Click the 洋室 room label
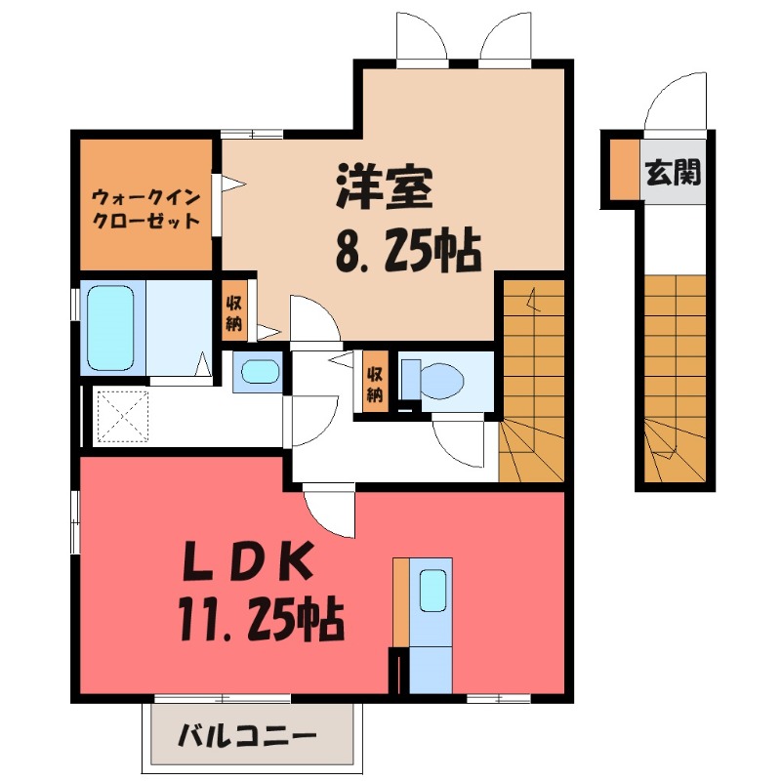click(385, 188)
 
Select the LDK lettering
click(252, 564)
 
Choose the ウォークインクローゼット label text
click(145, 207)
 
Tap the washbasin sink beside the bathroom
click(258, 372)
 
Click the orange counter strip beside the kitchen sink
click(400, 601)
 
